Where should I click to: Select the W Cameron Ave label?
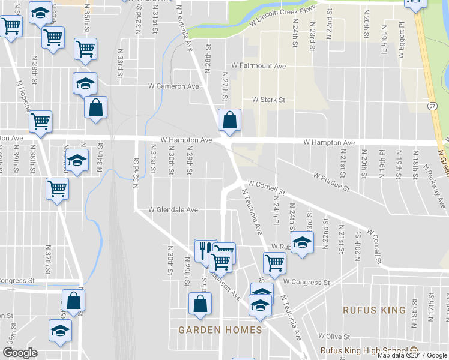click(173, 86)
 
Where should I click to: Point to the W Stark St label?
click(268, 100)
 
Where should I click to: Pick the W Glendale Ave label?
click(173, 210)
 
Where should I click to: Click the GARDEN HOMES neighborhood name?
click(220, 330)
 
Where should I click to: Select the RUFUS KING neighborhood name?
click(374, 310)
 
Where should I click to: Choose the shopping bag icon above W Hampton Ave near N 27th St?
click(229, 120)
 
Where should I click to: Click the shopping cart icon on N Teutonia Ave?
click(274, 262)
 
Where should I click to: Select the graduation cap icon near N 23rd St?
click(303, 243)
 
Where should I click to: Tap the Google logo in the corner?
click(20, 353)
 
